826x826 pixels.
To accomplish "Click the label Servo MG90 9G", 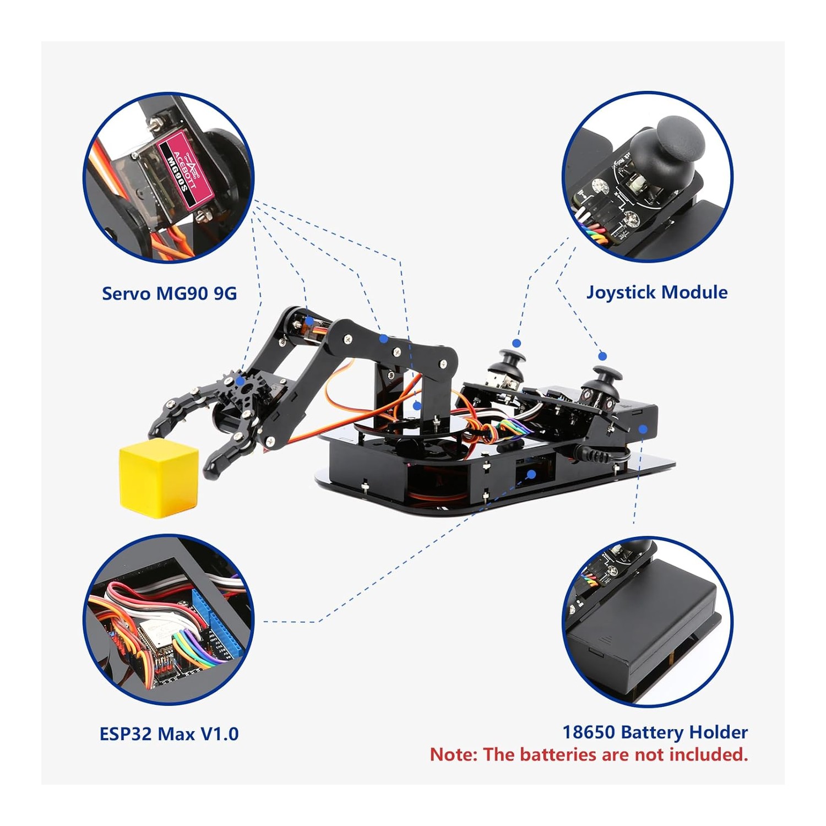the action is tap(169, 294).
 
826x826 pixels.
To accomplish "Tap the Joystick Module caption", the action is tap(657, 292).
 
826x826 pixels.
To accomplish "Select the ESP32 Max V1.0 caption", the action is tap(169, 734).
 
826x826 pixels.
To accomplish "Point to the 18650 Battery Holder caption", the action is tap(655, 732).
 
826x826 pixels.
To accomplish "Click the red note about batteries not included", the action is tap(589, 754).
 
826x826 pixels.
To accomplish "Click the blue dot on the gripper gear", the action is tap(240, 381).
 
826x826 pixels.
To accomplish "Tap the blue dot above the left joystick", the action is tap(517, 343).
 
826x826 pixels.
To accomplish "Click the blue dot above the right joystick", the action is tap(602, 356).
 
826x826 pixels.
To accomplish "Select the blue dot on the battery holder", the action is tap(643, 430).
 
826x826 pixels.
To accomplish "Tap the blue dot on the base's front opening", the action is tap(531, 474).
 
